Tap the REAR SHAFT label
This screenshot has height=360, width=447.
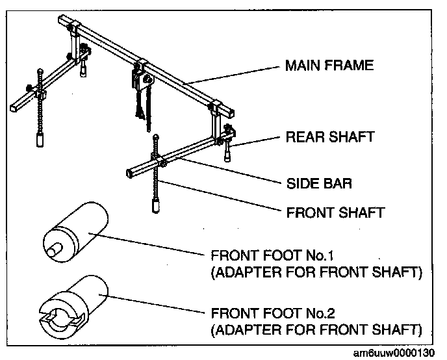[x=329, y=137]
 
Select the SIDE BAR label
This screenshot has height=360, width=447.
[x=319, y=183]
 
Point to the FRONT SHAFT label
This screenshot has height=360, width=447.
[x=335, y=212]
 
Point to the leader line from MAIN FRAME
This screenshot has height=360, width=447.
[x=234, y=75]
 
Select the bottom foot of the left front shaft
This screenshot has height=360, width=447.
[x=40, y=140]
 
